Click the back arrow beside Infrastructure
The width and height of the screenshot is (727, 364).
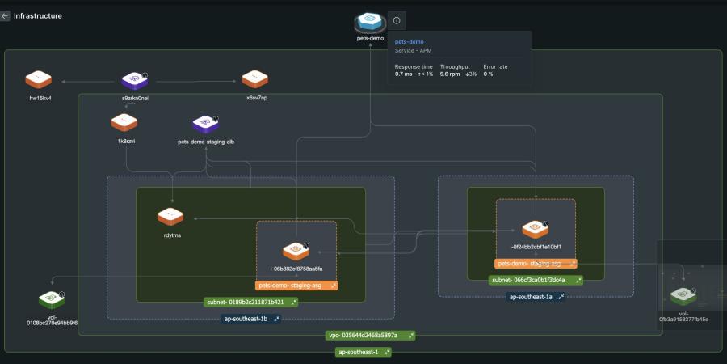click(x=6, y=15)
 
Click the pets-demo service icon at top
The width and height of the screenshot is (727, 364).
click(x=370, y=21)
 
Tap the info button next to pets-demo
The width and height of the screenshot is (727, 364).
click(x=397, y=20)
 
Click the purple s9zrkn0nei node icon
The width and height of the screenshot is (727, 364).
click(x=134, y=79)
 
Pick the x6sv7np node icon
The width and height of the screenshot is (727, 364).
click(x=254, y=79)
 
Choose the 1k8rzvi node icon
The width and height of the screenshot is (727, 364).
click(x=124, y=122)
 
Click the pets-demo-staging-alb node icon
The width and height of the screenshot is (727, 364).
click(x=206, y=123)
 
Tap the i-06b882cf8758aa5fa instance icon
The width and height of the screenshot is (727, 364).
click(x=296, y=250)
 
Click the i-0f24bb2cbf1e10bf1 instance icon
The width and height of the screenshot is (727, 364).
click(x=534, y=229)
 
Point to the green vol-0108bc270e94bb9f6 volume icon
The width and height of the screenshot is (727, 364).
click(x=52, y=300)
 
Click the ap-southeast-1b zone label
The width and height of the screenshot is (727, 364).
click(x=250, y=319)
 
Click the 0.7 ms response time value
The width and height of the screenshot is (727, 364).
click(x=404, y=74)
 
